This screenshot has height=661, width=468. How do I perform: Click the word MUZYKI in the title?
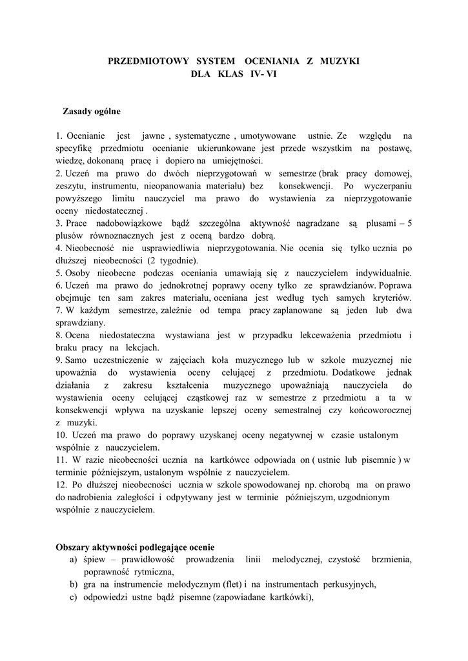point(337,61)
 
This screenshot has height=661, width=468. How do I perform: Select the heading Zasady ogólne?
point(91,111)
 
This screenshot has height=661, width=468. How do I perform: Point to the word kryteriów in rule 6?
point(389,298)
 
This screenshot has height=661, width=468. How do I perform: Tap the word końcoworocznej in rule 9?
point(381,410)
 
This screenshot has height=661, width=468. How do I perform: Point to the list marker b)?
point(74,585)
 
